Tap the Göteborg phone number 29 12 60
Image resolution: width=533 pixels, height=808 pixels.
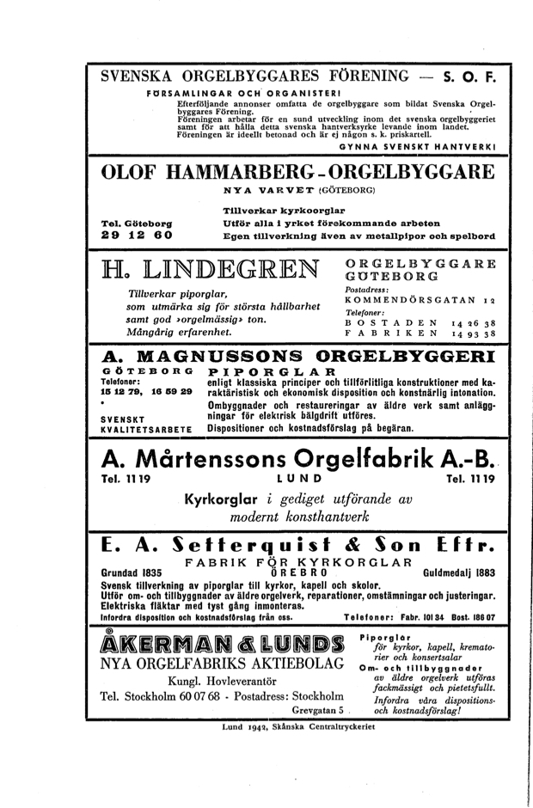(137, 234)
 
